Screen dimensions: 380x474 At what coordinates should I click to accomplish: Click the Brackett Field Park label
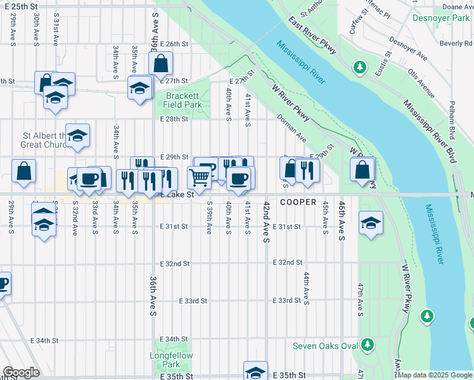tap(180, 99)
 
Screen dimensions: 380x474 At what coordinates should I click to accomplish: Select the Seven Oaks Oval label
tap(323, 346)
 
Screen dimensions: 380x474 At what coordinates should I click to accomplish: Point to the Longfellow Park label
tap(167, 360)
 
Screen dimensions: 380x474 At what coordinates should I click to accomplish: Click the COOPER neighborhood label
tap(298, 203)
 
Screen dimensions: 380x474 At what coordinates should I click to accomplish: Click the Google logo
tap(21, 372)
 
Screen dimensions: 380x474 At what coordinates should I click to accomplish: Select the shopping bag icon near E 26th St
tap(161, 63)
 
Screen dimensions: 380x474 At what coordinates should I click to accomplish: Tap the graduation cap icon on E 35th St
tap(255, 371)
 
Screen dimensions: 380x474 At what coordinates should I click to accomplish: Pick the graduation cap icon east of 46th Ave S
tap(371, 223)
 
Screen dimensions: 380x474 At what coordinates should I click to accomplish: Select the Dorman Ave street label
tap(291, 129)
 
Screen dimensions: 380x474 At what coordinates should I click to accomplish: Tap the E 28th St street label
tap(174, 119)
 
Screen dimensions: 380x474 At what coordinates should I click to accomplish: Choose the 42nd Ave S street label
tap(267, 223)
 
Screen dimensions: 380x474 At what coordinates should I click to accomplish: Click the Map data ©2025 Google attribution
tap(435, 374)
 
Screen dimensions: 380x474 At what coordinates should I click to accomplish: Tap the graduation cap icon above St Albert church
tap(78, 135)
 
